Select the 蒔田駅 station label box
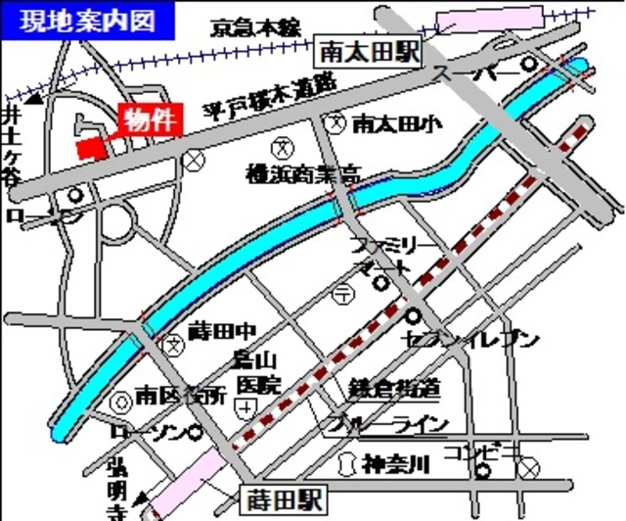pos(285,495)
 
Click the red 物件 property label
pos(150,119)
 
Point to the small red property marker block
pos(90,148)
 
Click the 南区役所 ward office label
pos(181,397)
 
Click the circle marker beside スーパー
pos(529,65)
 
